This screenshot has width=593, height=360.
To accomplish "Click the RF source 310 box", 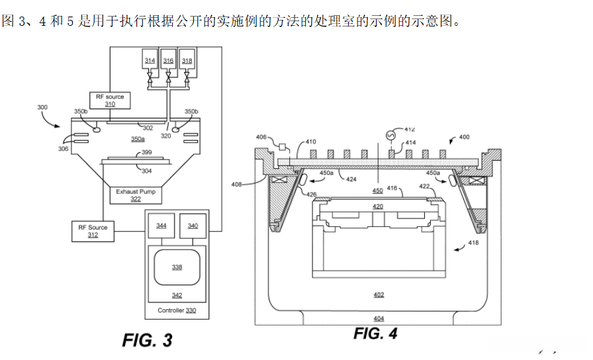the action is (x=110, y=100).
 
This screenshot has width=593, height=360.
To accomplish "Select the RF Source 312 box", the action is (x=93, y=232).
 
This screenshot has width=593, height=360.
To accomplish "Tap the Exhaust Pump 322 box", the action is (x=136, y=195).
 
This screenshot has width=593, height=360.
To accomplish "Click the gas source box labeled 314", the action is (x=150, y=59).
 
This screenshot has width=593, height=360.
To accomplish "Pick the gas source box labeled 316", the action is (x=168, y=59).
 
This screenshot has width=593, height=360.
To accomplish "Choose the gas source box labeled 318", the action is (x=187, y=59).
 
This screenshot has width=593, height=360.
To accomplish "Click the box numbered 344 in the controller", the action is (x=161, y=226).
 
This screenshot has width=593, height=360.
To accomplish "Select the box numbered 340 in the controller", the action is (x=193, y=226).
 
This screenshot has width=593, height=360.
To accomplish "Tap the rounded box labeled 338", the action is (x=177, y=267).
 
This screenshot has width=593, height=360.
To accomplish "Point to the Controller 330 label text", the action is (x=177, y=310).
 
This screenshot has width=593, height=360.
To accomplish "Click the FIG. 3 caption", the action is (x=147, y=340).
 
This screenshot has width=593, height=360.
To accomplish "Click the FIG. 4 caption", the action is (x=375, y=334).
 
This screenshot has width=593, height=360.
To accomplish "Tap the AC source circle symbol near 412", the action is (x=390, y=135).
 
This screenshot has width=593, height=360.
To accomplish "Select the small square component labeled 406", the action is (x=282, y=146).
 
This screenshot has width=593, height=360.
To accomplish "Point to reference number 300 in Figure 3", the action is (x=42, y=107).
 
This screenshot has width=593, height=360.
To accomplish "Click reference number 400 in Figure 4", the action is (x=465, y=137).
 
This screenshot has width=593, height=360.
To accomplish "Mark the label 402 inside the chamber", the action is (x=379, y=295).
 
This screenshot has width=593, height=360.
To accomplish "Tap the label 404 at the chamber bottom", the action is (x=379, y=318).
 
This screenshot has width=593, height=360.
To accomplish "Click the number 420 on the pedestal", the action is (x=378, y=206).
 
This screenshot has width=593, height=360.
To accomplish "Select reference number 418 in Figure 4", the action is (x=473, y=242).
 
